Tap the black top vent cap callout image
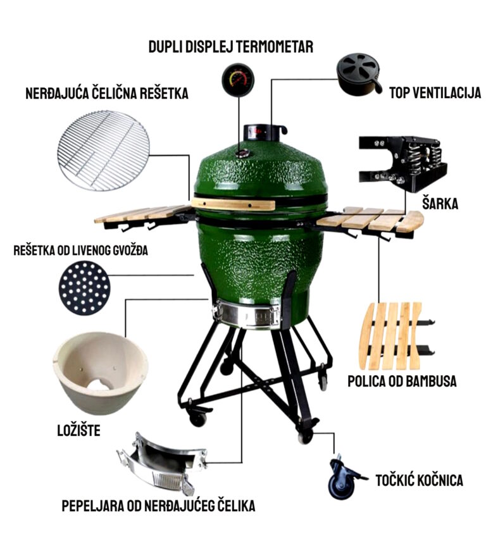tap(359, 74)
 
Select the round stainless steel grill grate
tap(103, 151)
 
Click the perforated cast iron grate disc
tap(85, 288)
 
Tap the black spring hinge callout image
tap(402, 163)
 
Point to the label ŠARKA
tap(440, 203)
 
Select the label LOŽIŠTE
tap(79, 430)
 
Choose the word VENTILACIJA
tap(448, 93)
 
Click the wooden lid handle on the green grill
tap(234, 204)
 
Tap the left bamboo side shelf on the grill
tap(142, 214)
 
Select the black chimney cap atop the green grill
tap(265, 132)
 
